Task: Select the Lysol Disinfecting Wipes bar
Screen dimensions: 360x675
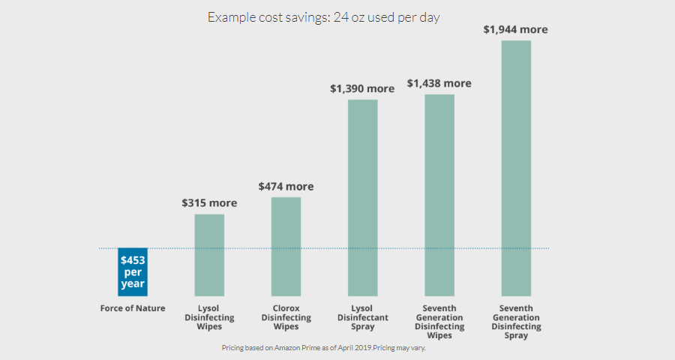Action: (x=209, y=255)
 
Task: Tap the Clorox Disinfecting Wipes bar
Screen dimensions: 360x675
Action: (x=286, y=246)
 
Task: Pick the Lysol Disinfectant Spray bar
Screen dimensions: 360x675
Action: (x=362, y=197)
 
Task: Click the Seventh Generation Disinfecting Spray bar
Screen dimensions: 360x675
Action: (x=516, y=168)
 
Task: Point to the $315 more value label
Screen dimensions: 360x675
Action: (x=209, y=203)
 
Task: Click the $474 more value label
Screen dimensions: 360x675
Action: (x=286, y=186)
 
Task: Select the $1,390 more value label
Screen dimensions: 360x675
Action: (x=362, y=88)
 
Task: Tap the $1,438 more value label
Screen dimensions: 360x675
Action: (x=439, y=83)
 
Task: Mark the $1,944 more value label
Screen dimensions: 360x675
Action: (x=516, y=30)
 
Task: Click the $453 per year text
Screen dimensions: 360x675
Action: (x=133, y=272)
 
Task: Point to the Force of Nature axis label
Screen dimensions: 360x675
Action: (x=133, y=308)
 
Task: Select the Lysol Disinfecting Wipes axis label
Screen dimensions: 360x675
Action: (x=209, y=317)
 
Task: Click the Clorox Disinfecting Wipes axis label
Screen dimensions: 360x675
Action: (x=286, y=317)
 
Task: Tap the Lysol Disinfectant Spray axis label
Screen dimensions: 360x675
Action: (x=362, y=317)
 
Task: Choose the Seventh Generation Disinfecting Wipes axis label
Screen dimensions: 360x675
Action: (x=439, y=322)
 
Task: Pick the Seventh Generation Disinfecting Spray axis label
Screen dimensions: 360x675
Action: (x=516, y=322)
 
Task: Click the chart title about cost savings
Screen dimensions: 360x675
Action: (x=323, y=17)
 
